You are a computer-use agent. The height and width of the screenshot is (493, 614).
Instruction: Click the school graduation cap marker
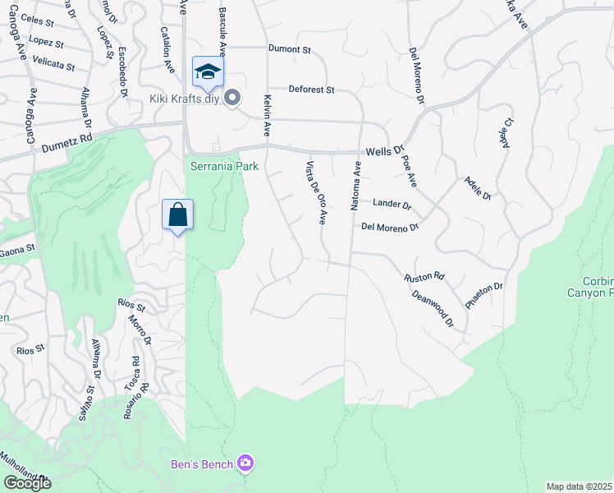[208, 71]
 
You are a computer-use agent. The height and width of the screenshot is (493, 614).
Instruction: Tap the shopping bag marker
[177, 215]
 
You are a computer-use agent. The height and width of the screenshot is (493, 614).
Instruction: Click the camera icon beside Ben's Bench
[245, 464]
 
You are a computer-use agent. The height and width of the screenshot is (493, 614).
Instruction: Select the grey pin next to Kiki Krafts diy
[232, 99]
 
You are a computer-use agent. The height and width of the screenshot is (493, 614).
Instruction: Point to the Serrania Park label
[224, 166]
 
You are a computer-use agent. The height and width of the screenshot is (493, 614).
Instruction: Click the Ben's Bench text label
[201, 464]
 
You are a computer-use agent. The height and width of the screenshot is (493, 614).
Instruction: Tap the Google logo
[27, 482]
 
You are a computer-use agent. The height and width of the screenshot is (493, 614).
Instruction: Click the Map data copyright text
[580, 486]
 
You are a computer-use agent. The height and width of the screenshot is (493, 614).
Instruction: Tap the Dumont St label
[290, 49]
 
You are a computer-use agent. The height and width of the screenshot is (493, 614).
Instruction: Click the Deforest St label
[311, 89]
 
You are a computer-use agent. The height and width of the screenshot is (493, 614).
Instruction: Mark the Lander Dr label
[392, 203]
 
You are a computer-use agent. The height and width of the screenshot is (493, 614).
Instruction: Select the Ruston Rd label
[424, 278]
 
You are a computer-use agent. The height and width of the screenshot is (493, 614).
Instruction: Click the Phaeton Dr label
[483, 295]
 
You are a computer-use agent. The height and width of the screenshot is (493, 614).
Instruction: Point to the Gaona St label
[17, 249]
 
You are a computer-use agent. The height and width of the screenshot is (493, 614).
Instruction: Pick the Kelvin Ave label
[267, 115]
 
